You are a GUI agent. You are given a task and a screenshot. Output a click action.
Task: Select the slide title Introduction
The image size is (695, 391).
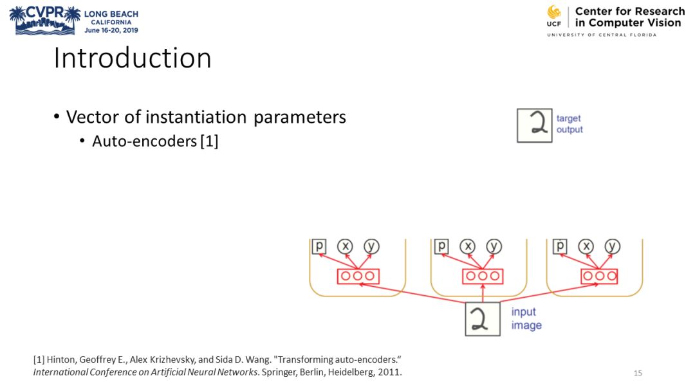point(133,58)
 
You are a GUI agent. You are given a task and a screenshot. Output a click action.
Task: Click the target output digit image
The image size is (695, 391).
point(535,125)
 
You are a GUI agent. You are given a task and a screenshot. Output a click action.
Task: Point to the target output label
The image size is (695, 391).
point(570,124)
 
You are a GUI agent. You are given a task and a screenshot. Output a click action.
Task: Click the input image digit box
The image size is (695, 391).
point(483,318)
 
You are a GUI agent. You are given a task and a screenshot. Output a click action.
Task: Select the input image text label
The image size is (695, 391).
point(526,318)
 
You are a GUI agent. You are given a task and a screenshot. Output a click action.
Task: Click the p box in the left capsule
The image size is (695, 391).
point(319,246)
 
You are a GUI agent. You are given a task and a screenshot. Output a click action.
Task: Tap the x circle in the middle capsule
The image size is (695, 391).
point(468,246)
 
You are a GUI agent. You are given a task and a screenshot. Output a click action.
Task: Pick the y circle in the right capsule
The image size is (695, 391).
point(613,246)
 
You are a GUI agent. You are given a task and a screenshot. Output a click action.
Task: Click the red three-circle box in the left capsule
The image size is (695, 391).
point(358,276)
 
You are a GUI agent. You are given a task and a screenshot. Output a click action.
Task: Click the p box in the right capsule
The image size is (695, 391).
point(560,246)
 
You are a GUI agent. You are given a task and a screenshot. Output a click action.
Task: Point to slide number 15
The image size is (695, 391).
point(638,373)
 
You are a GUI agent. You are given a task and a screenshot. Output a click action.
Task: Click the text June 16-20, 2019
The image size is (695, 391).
point(111,30)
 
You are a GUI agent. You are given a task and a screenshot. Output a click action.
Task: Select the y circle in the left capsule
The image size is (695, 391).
point(371,246)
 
